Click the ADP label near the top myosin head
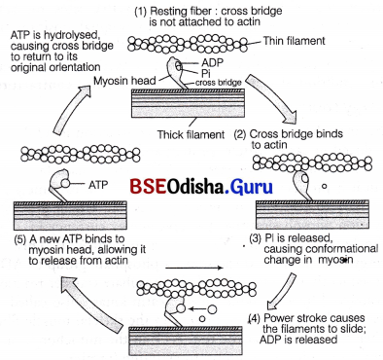(208, 61)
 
